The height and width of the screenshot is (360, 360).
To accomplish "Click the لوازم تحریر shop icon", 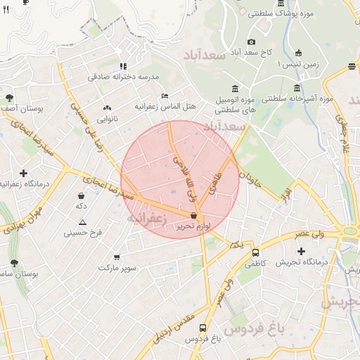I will click(x=193, y=215).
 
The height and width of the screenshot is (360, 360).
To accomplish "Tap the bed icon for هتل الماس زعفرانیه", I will click(x=165, y=96).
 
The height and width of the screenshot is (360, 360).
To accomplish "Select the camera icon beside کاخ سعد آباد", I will click(x=252, y=42).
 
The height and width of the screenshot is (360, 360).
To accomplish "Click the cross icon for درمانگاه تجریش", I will click(x=302, y=251).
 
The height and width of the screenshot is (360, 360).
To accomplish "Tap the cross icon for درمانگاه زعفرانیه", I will click(x=24, y=173).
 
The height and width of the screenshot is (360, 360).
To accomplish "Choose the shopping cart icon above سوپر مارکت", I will click(x=116, y=257).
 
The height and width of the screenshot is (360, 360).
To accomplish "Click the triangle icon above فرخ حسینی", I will click(x=83, y=221).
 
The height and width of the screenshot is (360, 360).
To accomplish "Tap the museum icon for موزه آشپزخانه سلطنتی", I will click(x=297, y=88).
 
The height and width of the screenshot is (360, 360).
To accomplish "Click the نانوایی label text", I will click(x=108, y=119).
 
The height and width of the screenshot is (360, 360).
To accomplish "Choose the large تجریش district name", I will click(x=340, y=302).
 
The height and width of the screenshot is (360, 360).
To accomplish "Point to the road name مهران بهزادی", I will click(x=20, y=220).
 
